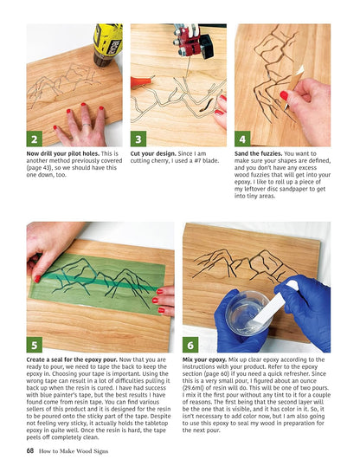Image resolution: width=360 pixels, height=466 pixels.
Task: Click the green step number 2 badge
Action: tap(34, 139)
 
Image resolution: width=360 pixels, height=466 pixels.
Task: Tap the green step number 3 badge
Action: tap(138, 139)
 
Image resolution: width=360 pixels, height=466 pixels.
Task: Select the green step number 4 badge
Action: tap(242, 139)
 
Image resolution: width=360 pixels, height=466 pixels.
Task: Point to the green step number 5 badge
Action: tap(34, 345)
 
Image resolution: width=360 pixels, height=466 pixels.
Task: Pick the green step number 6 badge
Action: tap(190, 345)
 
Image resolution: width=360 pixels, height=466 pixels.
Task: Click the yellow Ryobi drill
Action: tap(107, 44)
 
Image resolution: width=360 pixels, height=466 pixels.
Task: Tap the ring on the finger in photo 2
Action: tap(87, 125)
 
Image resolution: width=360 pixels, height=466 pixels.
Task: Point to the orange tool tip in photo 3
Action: tap(141, 81)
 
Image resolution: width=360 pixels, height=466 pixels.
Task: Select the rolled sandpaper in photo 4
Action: tap(293, 87)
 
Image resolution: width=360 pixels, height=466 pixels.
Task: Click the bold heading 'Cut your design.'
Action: tap(153, 154)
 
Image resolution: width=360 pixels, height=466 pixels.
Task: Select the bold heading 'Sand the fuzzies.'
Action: tap(259, 154)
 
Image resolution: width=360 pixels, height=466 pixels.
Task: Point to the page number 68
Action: tap(30, 450)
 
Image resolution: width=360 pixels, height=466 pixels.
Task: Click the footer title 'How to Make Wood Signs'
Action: tap(74, 451)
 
